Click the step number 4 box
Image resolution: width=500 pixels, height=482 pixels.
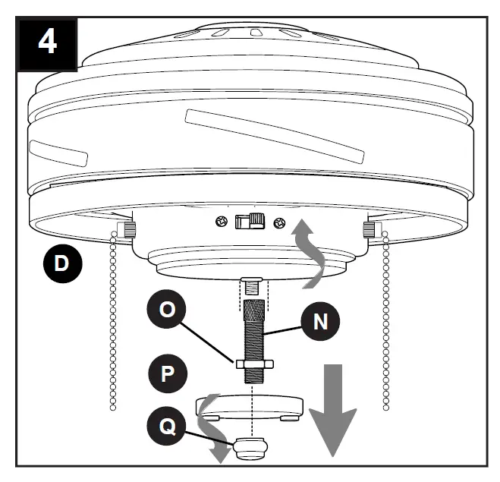(x=46, y=40)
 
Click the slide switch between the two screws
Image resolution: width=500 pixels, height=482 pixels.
(x=250, y=221)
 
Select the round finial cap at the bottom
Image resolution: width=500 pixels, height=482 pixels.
(x=251, y=449)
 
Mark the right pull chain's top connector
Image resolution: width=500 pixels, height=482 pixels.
(x=371, y=228)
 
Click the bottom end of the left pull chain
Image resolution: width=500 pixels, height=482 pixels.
(x=114, y=408)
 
